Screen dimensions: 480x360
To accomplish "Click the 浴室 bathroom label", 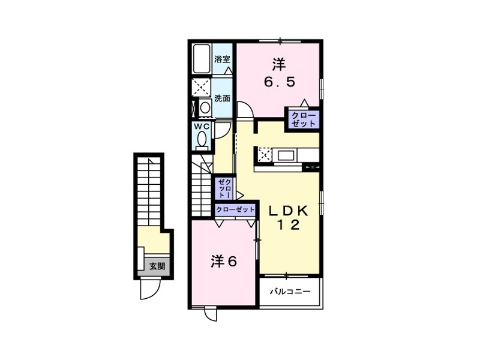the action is tap(222, 59).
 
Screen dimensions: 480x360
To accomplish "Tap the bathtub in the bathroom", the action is tap(202, 59).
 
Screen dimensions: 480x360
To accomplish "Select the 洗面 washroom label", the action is tap(222, 98).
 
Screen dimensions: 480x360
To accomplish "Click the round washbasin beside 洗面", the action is tap(205, 107).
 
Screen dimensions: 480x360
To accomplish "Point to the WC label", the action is tap(201, 126).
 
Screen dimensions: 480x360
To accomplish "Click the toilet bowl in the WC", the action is tap(202, 140).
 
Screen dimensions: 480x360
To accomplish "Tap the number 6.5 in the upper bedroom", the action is tap(280, 82).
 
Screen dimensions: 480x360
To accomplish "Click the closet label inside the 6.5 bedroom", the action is tap(303, 119).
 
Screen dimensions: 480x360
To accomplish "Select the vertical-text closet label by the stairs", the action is tap(223, 188).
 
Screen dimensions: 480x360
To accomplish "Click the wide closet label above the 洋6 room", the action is tap(235, 209).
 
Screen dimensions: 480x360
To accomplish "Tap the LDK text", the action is tap(288, 211).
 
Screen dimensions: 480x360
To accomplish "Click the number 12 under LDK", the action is tap(289, 226).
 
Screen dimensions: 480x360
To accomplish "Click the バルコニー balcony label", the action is tap(290, 292).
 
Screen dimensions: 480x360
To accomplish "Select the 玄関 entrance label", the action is tap(157, 266).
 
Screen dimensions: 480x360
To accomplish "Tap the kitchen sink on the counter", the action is tap(286, 155).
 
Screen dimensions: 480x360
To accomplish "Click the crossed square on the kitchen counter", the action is tap(264, 155).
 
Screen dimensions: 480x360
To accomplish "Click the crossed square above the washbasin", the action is tap(201, 87).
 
